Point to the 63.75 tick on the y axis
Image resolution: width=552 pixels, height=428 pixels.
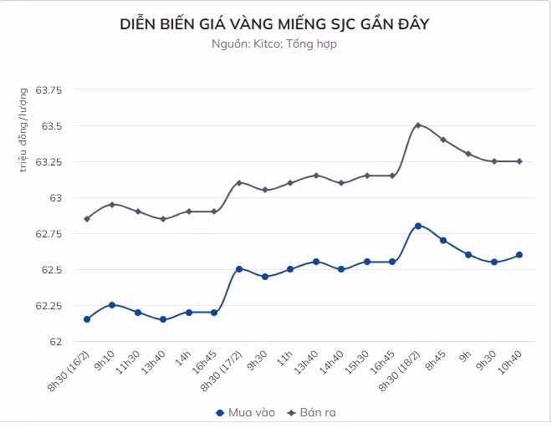pyautogui.click(x=51, y=90)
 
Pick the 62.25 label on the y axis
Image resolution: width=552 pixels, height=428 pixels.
pyautogui.click(x=51, y=306)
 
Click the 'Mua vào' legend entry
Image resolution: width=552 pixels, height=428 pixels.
pyautogui.click(x=245, y=413)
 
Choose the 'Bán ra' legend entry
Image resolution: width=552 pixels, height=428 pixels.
pyautogui.click(x=311, y=413)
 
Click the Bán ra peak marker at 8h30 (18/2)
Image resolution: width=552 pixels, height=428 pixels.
pyautogui.click(x=417, y=125)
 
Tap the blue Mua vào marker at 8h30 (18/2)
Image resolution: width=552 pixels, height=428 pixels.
pyautogui.click(x=417, y=226)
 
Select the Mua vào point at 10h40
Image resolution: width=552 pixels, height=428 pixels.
pyautogui.click(x=519, y=255)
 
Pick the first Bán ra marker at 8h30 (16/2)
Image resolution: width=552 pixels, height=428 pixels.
pyautogui.click(x=87, y=219)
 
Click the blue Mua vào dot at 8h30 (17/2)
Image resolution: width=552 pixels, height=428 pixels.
pyautogui.click(x=239, y=269)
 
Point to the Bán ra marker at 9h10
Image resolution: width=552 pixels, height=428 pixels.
pyautogui.click(x=112, y=204)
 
